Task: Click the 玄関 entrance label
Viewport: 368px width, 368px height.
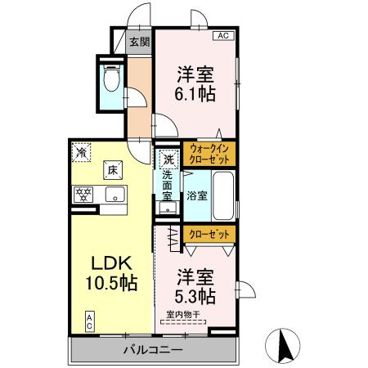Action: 139,42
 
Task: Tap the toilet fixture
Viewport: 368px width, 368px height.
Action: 112,79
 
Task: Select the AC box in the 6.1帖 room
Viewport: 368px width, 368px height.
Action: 222,36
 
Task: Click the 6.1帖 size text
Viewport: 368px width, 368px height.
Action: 195,94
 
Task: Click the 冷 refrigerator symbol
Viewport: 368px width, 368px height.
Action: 82,151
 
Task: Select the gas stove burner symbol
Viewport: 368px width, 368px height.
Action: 83,194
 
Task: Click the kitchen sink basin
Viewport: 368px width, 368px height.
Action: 115,195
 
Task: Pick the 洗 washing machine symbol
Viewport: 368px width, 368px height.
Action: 168,160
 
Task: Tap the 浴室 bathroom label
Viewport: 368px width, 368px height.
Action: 196,196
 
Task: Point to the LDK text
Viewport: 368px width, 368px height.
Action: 111,264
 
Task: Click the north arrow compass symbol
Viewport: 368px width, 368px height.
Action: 287,344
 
